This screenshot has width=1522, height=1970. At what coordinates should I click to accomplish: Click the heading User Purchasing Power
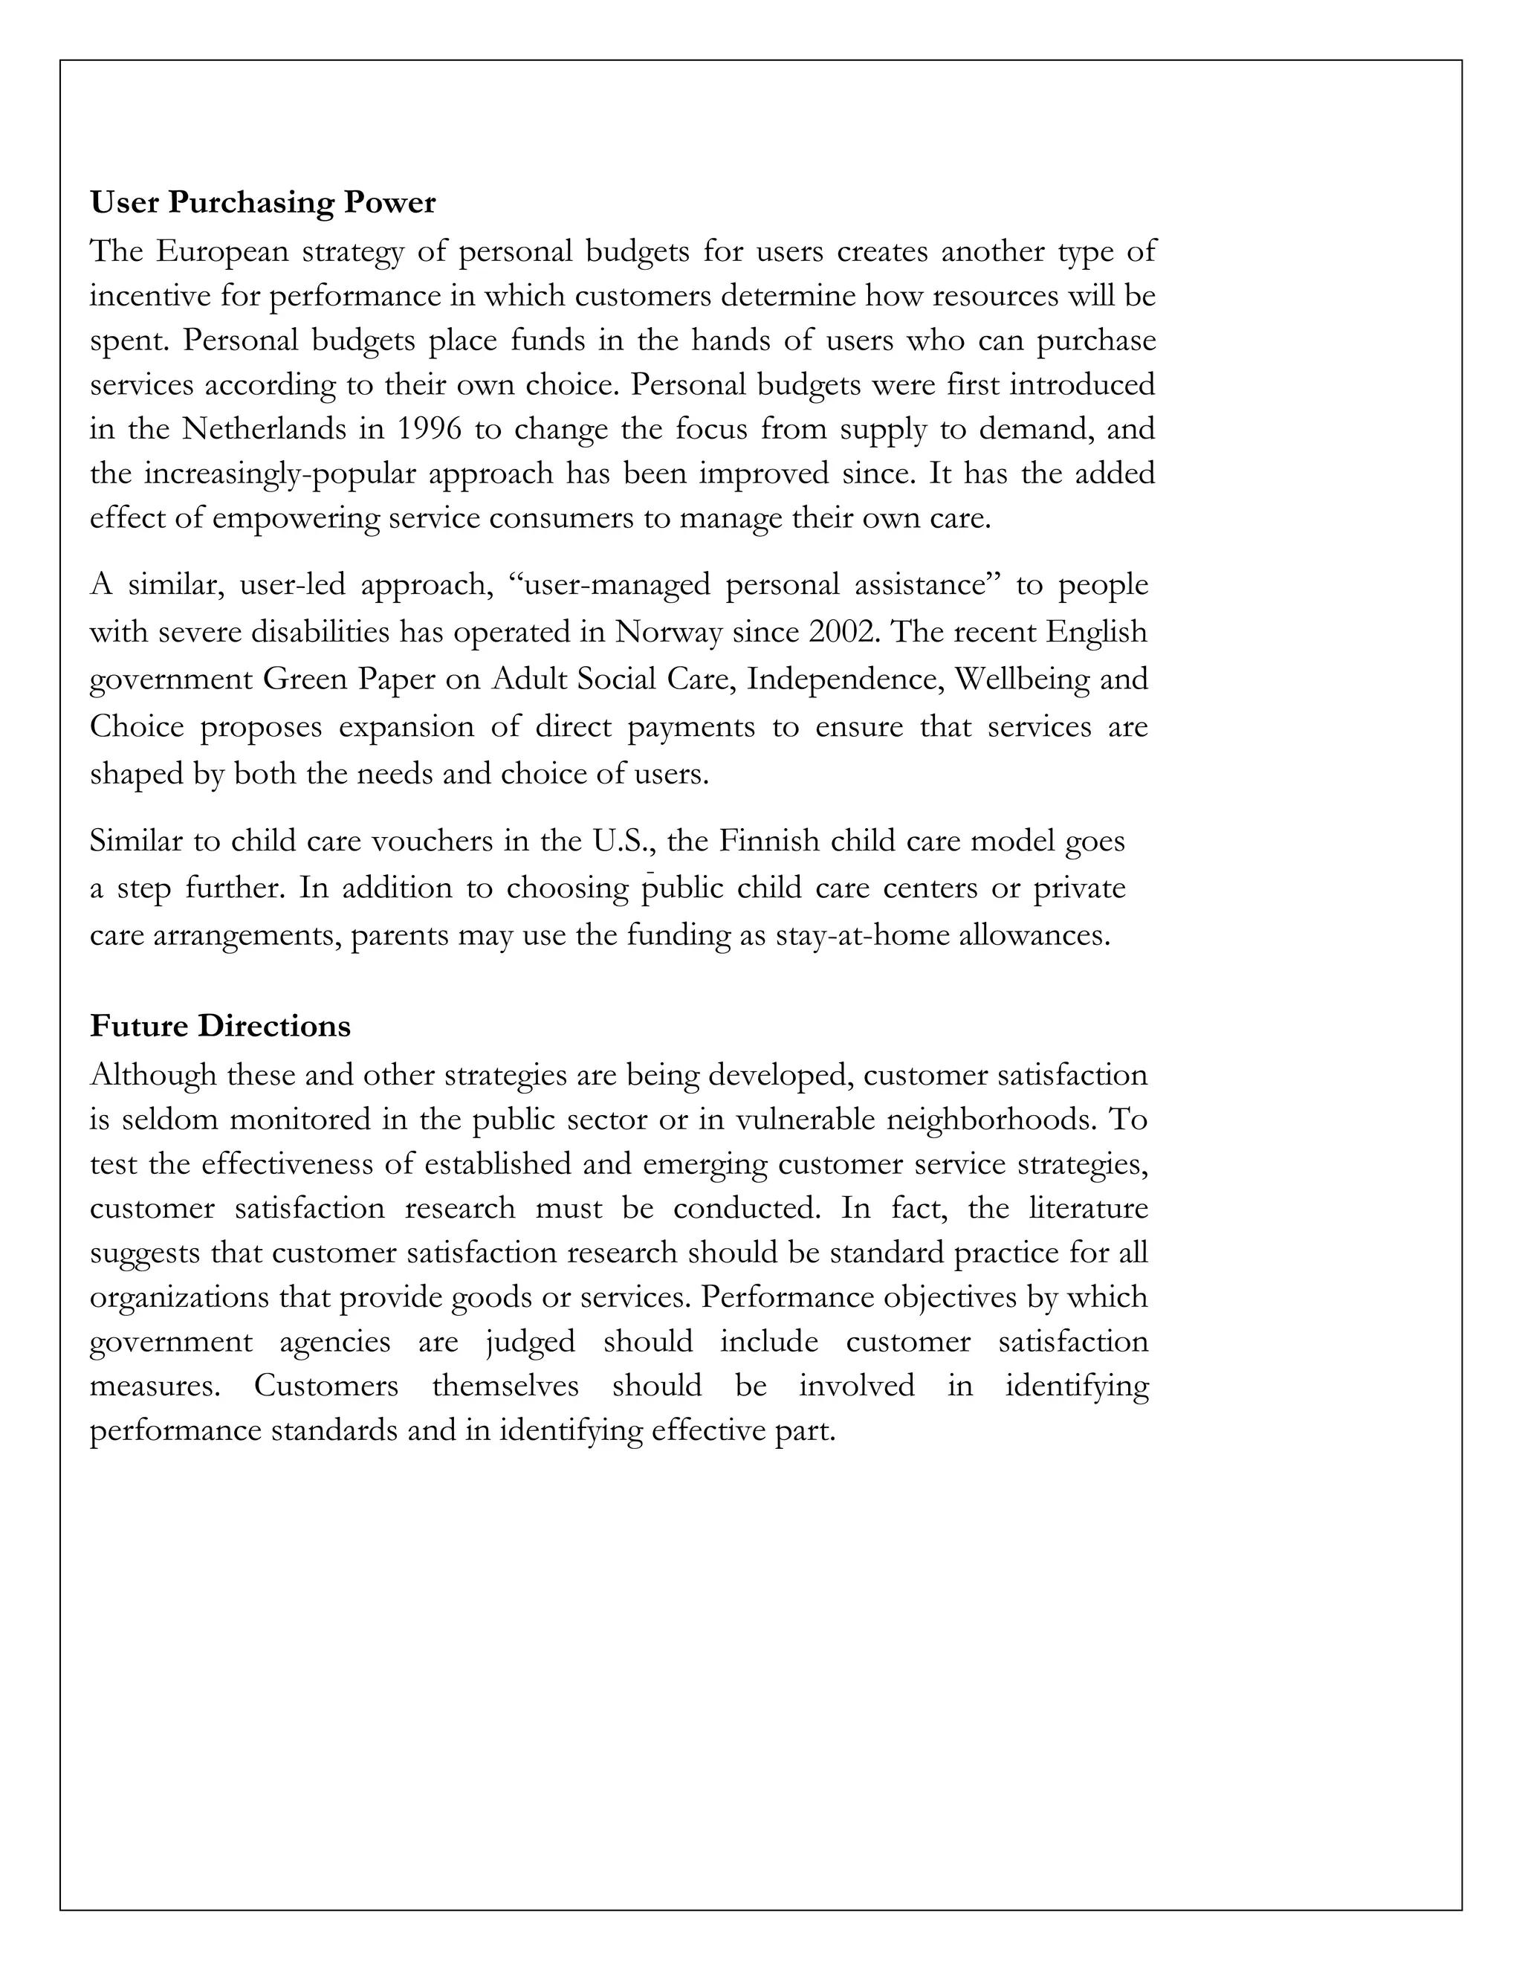point(262,203)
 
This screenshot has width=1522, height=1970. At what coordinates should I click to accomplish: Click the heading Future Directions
point(220,1027)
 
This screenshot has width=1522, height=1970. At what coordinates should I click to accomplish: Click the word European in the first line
point(221,251)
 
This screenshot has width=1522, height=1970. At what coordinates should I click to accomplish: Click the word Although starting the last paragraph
point(153,1075)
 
